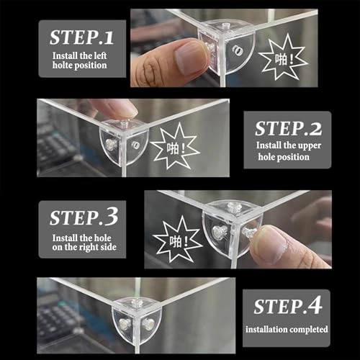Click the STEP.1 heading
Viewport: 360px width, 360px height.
(81, 37)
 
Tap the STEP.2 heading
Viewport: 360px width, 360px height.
(288, 128)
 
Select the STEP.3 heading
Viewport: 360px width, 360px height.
(84, 217)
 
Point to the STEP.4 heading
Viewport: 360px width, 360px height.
(287, 305)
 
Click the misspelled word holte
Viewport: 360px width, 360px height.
(61, 66)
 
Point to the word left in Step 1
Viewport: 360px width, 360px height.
(100, 55)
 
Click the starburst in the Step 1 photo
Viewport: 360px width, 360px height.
(283, 57)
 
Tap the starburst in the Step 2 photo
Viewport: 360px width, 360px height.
(175, 146)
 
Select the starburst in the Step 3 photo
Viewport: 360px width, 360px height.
(178, 239)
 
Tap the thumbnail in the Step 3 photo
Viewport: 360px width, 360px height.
(271, 246)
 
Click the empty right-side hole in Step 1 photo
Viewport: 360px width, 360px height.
(238, 50)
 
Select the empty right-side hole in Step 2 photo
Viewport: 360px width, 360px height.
(135, 145)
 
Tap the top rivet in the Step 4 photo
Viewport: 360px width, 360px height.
(137, 302)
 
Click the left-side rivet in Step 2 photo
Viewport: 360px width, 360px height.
(110, 145)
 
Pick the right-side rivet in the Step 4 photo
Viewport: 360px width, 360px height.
(148, 323)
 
